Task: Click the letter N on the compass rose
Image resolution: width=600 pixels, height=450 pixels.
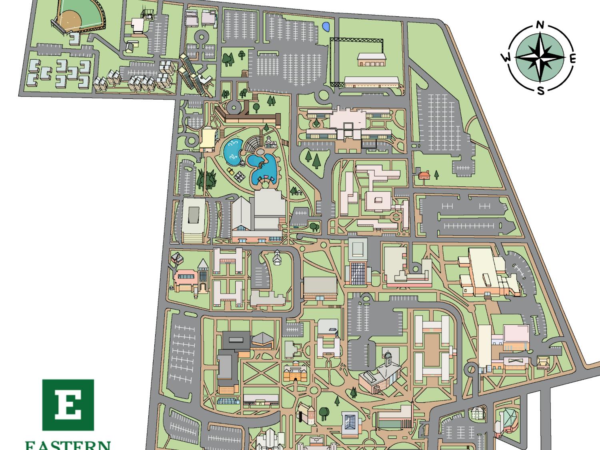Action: (x=540, y=26)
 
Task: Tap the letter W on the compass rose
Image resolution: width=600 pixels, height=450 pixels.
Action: (x=506, y=58)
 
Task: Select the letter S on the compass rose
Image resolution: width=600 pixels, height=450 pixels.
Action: (x=540, y=91)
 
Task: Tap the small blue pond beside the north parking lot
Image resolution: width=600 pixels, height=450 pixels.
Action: (x=326, y=27)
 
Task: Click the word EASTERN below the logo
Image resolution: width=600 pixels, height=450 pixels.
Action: (x=68, y=445)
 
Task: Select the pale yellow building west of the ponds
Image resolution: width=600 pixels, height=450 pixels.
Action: (x=208, y=138)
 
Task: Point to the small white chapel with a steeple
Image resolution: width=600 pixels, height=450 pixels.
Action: (x=276, y=258)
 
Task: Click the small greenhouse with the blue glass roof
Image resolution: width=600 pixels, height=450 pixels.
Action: (x=229, y=400)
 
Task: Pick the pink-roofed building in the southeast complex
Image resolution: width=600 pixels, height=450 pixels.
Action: (x=516, y=333)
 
